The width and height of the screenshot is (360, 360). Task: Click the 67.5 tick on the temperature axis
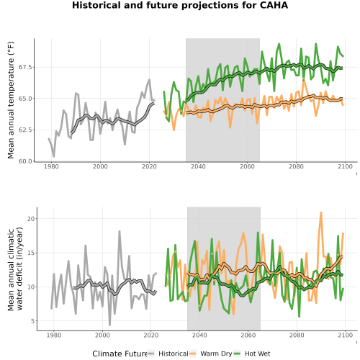point(25,67)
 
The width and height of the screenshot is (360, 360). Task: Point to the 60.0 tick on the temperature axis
point(25,161)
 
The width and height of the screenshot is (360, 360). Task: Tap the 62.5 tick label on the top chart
point(25,130)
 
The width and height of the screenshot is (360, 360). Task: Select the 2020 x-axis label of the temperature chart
point(149,166)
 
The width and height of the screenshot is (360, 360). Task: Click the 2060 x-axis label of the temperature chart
point(247,166)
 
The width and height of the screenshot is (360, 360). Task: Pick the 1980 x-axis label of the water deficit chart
point(53,335)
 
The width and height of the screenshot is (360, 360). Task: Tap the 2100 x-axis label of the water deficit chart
point(345,335)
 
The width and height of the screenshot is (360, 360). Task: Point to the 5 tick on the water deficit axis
point(32,321)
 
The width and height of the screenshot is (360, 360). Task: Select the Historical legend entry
point(168,354)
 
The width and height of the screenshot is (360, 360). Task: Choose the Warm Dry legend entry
point(211,354)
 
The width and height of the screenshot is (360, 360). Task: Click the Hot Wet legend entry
point(252,354)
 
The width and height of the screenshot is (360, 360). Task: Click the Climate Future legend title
point(120,354)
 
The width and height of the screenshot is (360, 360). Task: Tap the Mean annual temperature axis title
point(11,100)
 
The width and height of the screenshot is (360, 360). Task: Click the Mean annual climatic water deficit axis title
point(15,269)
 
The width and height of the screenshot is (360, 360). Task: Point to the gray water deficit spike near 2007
point(120,231)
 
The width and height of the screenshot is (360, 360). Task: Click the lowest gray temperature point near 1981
point(54,156)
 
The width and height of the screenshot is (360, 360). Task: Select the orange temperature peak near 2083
point(304,79)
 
